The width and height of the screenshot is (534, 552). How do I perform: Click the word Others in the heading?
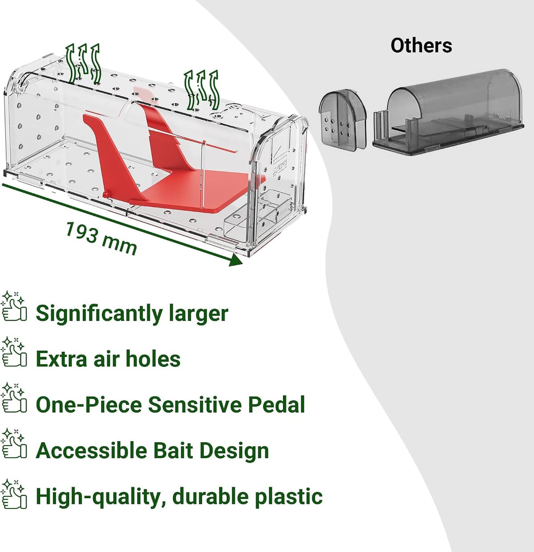[421, 45]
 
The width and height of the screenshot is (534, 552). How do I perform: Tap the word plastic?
[288, 497]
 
